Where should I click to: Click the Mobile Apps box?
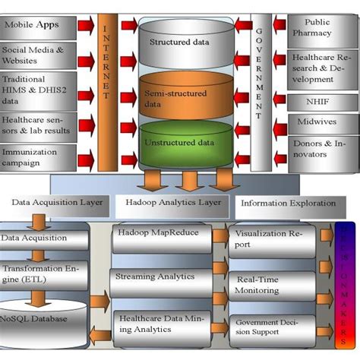pyautogui.click(x=37, y=27)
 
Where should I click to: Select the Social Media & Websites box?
pyautogui.click(x=37, y=55)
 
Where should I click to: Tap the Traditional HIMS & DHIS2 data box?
pyautogui.click(x=37, y=89)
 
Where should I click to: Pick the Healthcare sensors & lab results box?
pyautogui.click(x=37, y=125)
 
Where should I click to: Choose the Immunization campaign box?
pyautogui.click(x=37, y=157)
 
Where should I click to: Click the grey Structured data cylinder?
pyautogui.click(x=179, y=44)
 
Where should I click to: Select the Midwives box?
pyautogui.click(x=319, y=122)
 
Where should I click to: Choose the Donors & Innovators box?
pyautogui.click(x=319, y=150)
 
